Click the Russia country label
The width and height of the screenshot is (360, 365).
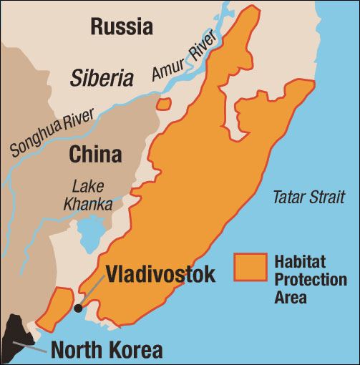click(121, 27)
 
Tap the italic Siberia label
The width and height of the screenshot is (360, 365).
click(102, 78)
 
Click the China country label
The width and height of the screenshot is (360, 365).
click(95, 154)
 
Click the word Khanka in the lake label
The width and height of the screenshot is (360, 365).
click(87, 204)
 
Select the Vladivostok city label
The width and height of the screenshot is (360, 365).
click(160, 274)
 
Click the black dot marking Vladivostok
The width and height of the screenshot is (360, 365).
click(77, 308)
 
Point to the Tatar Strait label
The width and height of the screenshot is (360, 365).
click(308, 198)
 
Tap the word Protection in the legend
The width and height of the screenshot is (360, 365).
click(310, 279)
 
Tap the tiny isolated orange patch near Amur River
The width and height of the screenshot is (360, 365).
click(164, 104)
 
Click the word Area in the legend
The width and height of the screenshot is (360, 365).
click(290, 297)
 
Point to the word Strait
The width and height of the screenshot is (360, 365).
click(327, 198)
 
